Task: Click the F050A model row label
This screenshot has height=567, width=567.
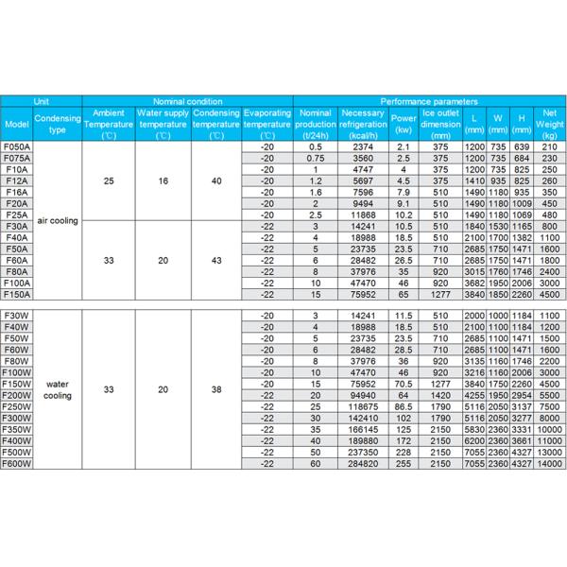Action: [17, 147]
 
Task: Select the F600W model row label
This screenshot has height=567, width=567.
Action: [17, 463]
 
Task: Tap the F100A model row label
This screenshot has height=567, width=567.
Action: [17, 283]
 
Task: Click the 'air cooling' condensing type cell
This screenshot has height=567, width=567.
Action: [57, 220]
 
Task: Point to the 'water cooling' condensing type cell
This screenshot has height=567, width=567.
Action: [57, 389]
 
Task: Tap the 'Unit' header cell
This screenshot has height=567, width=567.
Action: [42, 100]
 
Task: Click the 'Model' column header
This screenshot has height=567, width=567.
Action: [17, 124]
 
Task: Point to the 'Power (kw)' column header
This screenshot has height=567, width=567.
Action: [404, 124]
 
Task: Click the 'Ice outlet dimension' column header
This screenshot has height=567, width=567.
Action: [441, 124]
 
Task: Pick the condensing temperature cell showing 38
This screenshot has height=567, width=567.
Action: [216, 389]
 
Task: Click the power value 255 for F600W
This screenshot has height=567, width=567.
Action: [404, 463]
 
